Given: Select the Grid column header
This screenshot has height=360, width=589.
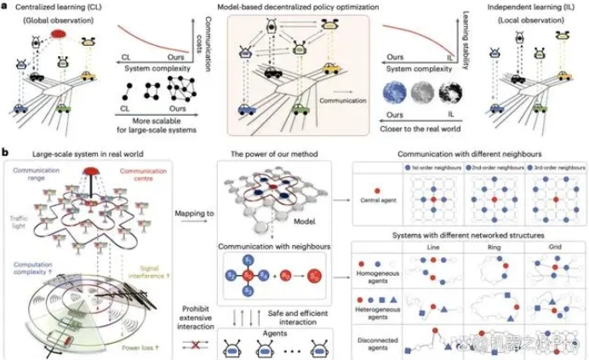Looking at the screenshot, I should coord(546,244).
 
